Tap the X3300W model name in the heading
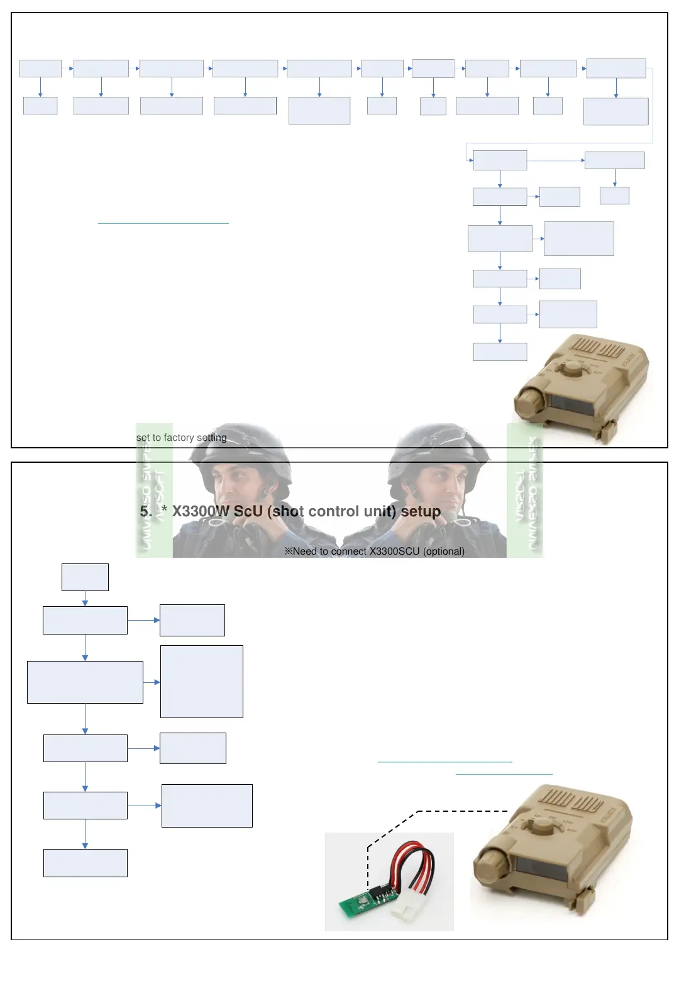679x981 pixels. pyautogui.click(x=201, y=511)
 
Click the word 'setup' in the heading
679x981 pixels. pyautogui.click(x=421, y=511)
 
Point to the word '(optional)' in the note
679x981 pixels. pyautogui.click(x=444, y=551)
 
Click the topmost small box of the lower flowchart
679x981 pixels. pyautogui.click(x=85, y=577)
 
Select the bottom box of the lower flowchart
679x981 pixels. pyautogui.click(x=85, y=863)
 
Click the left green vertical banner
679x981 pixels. pyautogui.click(x=154, y=490)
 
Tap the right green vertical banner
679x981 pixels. pyautogui.click(x=525, y=490)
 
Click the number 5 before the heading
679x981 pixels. pyautogui.click(x=145, y=512)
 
